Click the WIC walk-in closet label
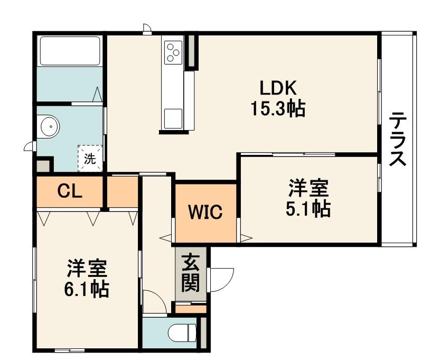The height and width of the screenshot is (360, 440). [x=205, y=212]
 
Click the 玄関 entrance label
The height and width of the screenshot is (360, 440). [x=190, y=273]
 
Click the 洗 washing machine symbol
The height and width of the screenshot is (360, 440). [x=90, y=159]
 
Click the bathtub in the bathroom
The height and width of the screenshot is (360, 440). [x=70, y=51]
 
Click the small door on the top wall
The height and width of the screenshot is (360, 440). [x=147, y=29]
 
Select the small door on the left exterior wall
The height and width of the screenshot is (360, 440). [x=30, y=146]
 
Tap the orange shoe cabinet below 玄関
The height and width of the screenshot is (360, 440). [x=190, y=309]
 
